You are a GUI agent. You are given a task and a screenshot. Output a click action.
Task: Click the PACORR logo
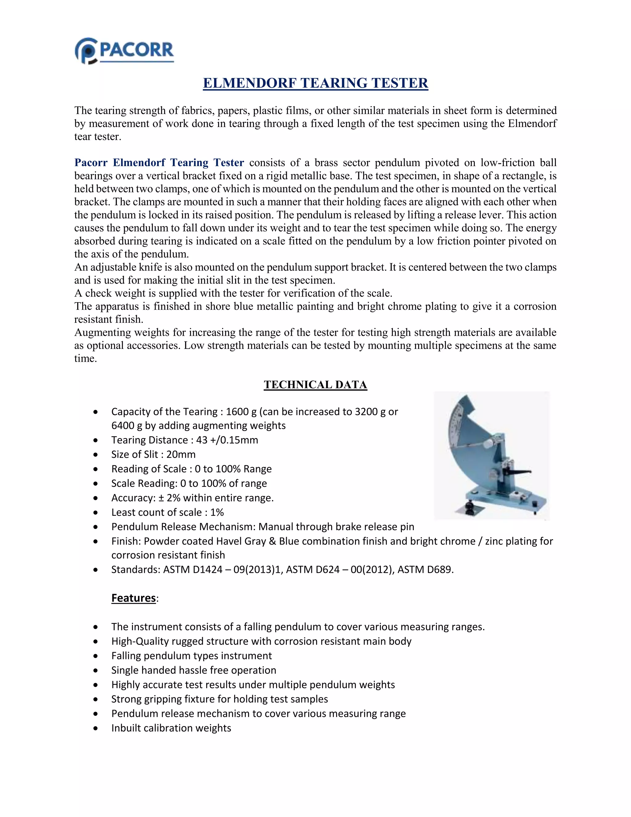(x=124, y=51)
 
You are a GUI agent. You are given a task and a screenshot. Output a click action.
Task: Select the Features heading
(x=133, y=598)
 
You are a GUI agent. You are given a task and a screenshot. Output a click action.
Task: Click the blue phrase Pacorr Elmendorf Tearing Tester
(x=159, y=163)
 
